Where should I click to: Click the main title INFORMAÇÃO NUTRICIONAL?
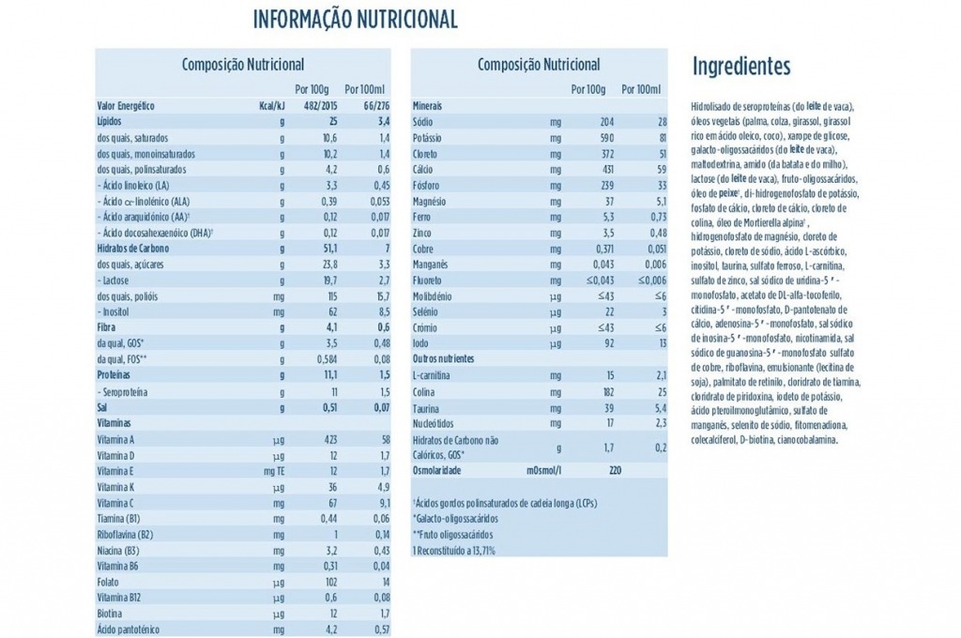pyautogui.click(x=356, y=19)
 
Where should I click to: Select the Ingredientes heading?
pyautogui.click(x=740, y=67)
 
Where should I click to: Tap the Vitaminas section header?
pyautogui.click(x=117, y=423)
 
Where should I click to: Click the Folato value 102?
pyautogui.click(x=328, y=581)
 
